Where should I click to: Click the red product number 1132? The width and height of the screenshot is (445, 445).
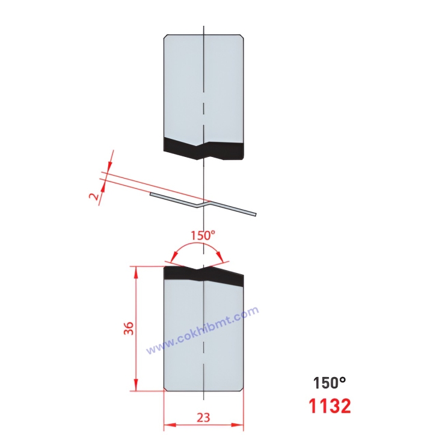point(330,407)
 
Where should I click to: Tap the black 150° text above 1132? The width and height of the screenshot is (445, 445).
point(329,382)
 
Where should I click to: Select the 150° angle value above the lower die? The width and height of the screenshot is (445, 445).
point(203,235)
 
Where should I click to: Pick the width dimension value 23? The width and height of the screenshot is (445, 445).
point(204,416)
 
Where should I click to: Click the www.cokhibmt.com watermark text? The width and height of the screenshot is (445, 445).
point(203,330)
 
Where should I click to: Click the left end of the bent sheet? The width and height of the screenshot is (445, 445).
point(152,194)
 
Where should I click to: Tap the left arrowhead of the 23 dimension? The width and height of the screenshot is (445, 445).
point(167,426)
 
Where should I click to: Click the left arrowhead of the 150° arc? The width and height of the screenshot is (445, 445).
point(172,260)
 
